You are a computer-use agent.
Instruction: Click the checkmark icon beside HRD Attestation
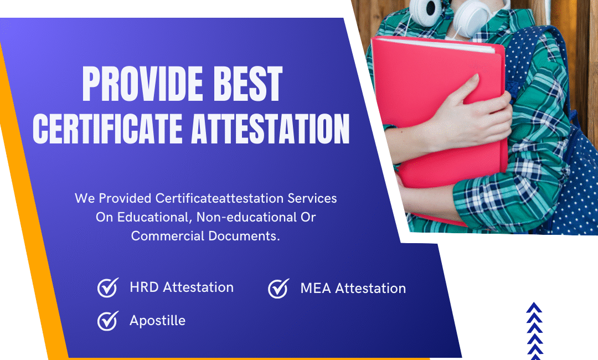(108, 287)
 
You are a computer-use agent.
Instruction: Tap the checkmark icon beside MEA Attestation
(279, 289)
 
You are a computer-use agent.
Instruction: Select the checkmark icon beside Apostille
(108, 320)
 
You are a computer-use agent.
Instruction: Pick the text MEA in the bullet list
(316, 289)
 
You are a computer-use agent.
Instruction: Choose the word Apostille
(157, 321)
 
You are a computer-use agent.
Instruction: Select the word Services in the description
(312, 198)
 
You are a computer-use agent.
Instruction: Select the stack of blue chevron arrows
(534, 331)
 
